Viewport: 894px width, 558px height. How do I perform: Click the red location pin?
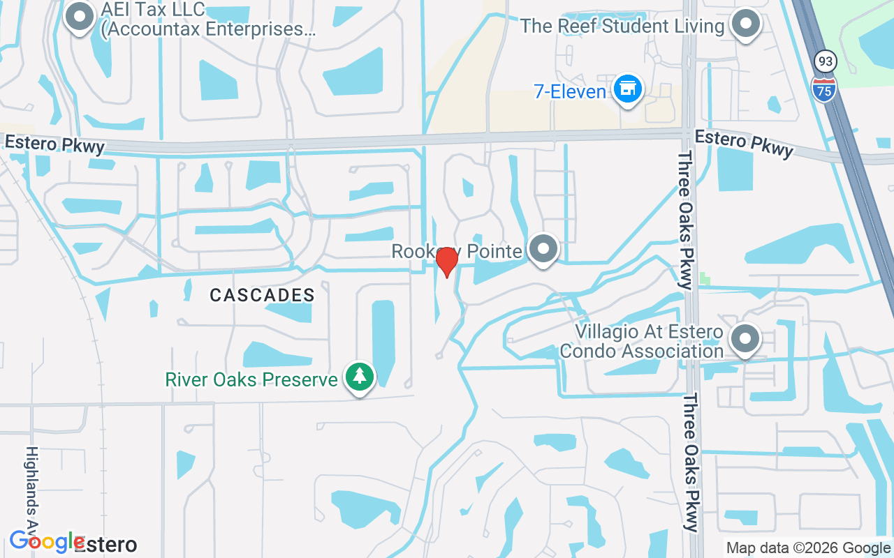(446, 261)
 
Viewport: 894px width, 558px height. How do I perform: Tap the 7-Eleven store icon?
(628, 89)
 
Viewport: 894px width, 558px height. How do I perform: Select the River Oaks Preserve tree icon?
(360, 377)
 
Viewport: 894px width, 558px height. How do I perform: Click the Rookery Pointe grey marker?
(543, 248)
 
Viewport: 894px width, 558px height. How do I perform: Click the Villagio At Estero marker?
(745, 339)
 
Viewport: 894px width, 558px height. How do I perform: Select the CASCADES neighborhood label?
(263, 295)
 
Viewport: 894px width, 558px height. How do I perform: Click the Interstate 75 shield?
(825, 89)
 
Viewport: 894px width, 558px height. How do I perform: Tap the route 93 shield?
(826, 62)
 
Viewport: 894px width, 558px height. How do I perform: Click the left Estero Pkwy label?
(54, 144)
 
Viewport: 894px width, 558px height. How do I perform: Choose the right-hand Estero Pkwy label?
(744, 143)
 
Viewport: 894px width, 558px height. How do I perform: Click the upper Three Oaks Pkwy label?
(684, 219)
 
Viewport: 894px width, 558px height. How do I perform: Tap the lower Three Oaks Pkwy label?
(691, 462)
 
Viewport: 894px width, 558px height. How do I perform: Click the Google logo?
(47, 541)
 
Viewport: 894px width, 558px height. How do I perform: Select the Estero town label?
(106, 544)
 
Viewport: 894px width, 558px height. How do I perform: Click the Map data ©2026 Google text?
(808, 548)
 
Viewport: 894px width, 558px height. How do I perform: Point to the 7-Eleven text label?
(570, 91)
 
